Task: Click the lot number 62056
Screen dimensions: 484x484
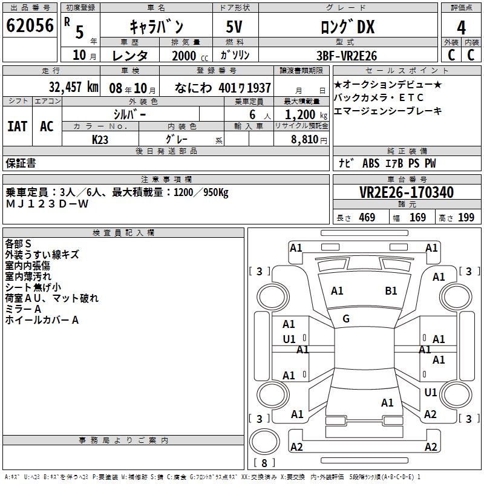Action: [x=30, y=25]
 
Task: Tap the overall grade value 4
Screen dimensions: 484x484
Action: [x=461, y=27]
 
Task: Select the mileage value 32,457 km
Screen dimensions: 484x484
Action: [x=74, y=87]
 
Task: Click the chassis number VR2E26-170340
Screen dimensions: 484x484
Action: [x=407, y=192]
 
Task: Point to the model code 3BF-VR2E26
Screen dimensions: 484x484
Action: [x=347, y=56]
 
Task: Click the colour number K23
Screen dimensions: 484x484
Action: [x=100, y=140]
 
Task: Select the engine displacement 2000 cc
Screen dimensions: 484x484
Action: [x=190, y=56]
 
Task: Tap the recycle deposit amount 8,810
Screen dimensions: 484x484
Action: [x=305, y=140]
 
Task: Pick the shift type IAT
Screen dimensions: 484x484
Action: [x=18, y=126]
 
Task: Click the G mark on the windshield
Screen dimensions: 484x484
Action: [x=346, y=319]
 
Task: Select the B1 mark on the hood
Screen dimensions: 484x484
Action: [x=391, y=291]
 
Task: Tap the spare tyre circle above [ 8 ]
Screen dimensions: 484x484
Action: [x=264, y=442]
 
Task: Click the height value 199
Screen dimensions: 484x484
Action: [x=466, y=218]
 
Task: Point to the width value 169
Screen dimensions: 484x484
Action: [x=417, y=218]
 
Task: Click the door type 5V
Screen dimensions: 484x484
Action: [x=234, y=27]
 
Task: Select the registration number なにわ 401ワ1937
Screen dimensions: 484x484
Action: [x=223, y=88]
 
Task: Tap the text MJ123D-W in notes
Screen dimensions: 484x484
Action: [x=47, y=204]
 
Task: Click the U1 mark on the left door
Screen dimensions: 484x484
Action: [x=289, y=339]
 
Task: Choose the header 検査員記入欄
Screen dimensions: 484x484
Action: [x=123, y=233]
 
